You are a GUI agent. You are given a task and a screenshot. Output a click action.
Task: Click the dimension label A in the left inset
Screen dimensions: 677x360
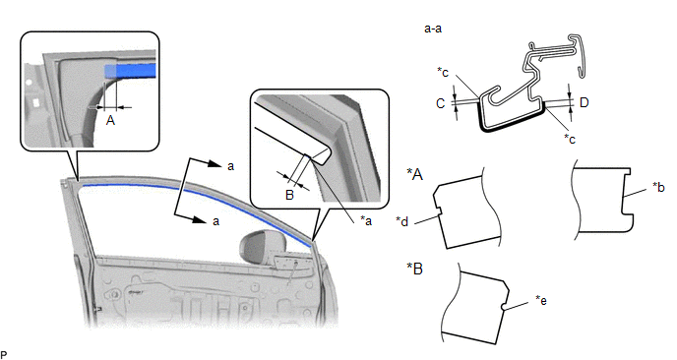110,120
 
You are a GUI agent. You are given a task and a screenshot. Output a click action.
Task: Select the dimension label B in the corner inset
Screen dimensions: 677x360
289,195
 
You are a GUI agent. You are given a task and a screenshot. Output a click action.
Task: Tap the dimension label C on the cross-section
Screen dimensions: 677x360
441,103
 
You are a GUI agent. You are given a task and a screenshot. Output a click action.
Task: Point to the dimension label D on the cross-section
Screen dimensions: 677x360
585,102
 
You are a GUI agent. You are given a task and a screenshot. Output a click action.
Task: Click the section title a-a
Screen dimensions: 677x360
433,29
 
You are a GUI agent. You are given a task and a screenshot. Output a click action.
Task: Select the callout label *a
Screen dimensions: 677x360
366,221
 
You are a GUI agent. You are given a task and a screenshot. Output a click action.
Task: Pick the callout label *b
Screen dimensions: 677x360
658,187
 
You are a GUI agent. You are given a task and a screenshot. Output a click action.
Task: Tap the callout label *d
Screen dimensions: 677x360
401,221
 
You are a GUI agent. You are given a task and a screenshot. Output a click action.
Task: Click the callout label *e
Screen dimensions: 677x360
541,300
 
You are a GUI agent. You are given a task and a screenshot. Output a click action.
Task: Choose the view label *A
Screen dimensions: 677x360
415,174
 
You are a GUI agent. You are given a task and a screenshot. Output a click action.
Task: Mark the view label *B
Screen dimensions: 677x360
415,269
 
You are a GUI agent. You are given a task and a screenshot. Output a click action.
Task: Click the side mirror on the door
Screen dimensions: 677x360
255,247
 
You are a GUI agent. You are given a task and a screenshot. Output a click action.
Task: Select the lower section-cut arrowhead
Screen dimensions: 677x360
199,219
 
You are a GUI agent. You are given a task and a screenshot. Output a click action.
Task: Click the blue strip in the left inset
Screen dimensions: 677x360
130,71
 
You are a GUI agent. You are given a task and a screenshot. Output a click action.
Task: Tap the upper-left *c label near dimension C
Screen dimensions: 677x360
443,72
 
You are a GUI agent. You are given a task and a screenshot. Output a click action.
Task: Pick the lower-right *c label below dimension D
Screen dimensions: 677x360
570,139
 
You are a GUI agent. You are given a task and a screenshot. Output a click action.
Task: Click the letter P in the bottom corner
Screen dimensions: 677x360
4,355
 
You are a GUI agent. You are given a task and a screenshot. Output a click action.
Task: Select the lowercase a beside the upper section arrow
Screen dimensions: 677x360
230,166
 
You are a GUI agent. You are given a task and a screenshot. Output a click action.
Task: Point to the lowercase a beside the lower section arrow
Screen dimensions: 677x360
215,221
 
